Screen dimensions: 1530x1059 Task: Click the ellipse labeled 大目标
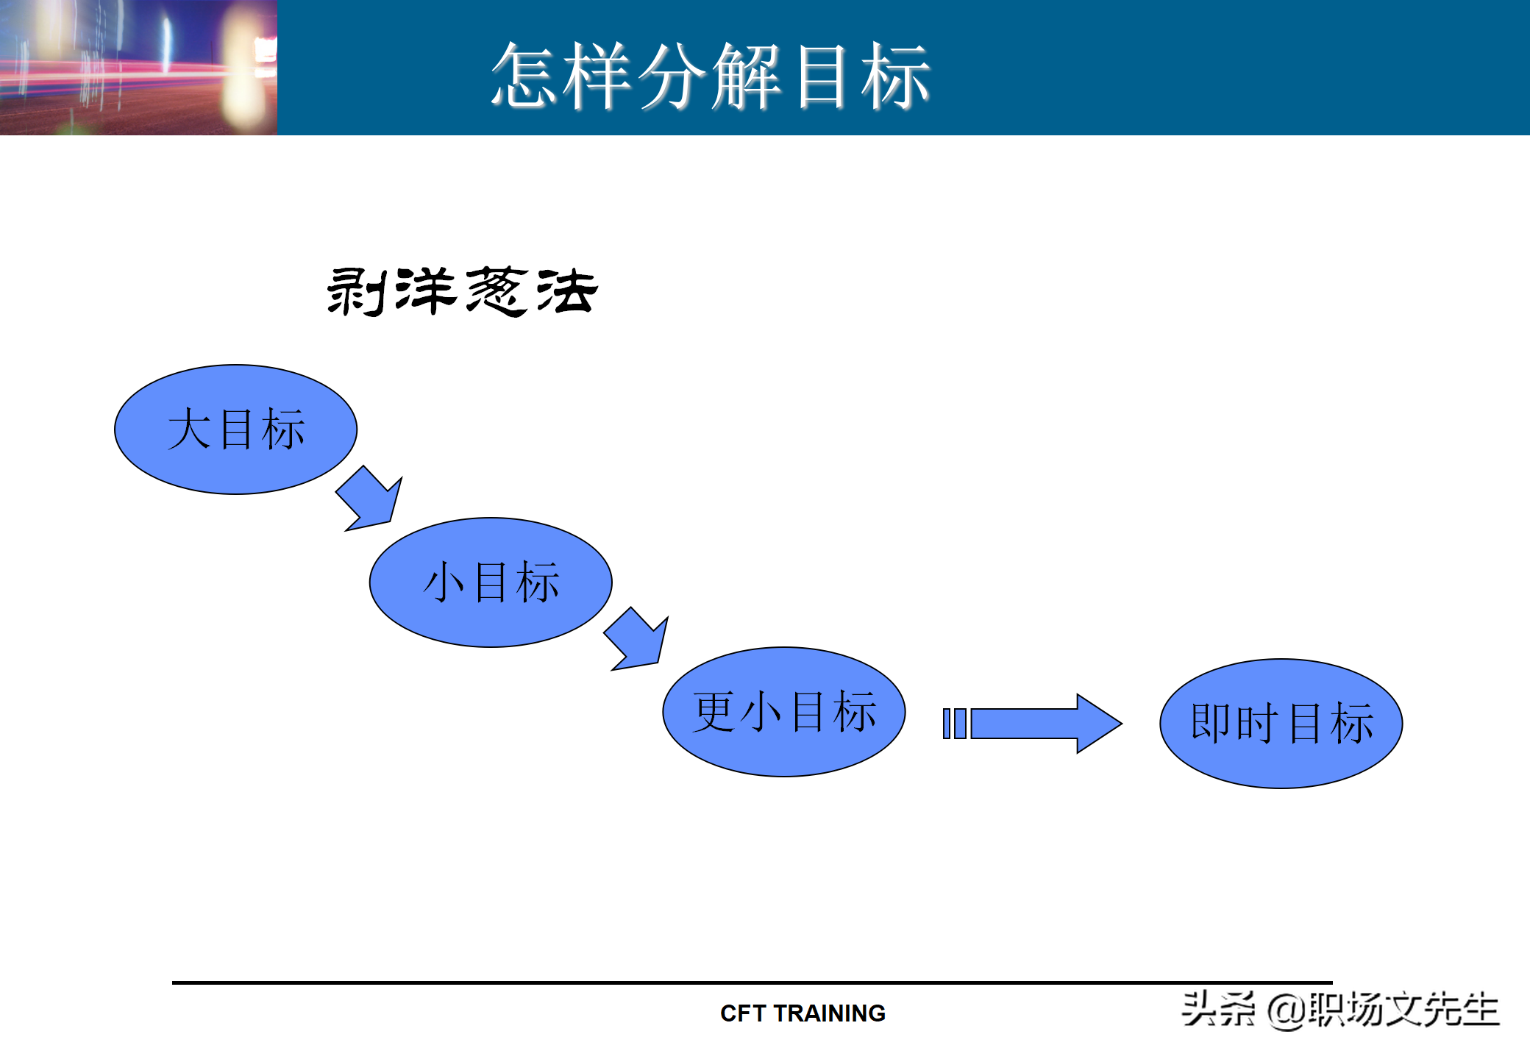tap(235, 429)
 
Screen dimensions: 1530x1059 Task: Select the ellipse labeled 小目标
tap(491, 582)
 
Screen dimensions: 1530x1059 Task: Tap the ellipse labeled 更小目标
tap(784, 712)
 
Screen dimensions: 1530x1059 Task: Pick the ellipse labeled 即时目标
tap(1281, 724)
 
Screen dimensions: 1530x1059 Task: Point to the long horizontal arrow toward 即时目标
tap(1045, 724)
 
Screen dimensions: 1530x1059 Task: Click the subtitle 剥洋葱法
tap(462, 291)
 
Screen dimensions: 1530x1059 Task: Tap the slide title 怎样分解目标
tap(711, 75)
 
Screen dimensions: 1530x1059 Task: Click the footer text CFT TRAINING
tap(803, 1013)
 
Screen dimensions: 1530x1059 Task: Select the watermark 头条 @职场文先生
tap(1339, 1009)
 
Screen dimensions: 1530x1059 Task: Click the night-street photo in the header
tap(138, 67)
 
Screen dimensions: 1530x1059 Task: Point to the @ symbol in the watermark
tap(1287, 1010)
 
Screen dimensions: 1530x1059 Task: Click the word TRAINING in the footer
tap(830, 1013)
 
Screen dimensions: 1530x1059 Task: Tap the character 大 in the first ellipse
tap(189, 429)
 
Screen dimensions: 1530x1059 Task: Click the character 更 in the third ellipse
tap(714, 712)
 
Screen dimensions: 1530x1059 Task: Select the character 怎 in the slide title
tap(524, 75)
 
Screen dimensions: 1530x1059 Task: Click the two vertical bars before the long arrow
tap(954, 724)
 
